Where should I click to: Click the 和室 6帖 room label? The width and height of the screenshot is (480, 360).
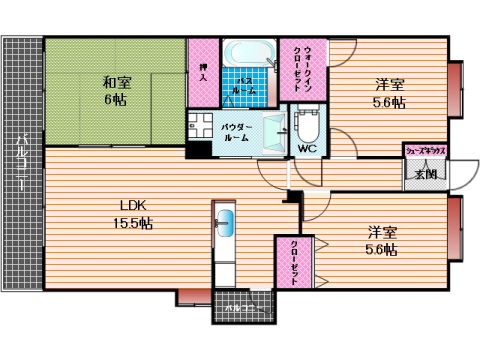112,91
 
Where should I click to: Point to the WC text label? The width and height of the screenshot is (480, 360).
306,151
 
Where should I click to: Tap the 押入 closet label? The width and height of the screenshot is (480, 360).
203,71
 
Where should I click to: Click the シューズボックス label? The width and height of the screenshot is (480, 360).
425,150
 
